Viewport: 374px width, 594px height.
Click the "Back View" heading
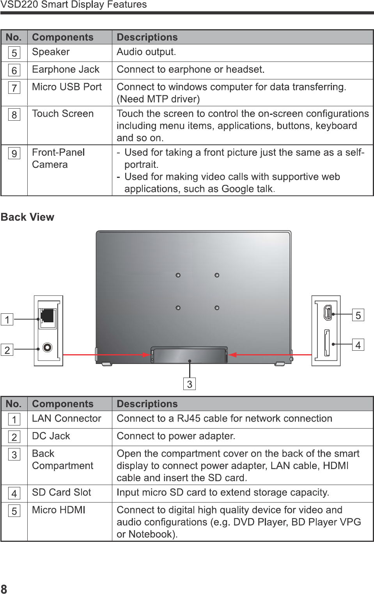(27, 217)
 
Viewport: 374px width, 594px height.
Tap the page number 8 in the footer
(4, 589)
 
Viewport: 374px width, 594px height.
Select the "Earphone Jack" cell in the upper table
(66, 70)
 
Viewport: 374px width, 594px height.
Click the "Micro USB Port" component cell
(67, 87)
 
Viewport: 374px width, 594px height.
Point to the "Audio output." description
(146, 52)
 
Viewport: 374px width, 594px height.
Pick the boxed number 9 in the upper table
(14, 154)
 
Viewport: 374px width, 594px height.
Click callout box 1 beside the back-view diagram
(7, 320)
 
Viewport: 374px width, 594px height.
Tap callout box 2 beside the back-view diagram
(7, 350)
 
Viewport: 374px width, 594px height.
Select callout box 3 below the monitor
(190, 384)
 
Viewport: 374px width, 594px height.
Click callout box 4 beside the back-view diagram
(358, 345)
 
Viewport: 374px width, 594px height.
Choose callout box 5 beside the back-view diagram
(358, 315)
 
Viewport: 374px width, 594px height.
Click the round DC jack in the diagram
(48, 347)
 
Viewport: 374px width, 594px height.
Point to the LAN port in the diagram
(48, 316)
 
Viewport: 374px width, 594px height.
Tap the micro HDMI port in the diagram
(328, 312)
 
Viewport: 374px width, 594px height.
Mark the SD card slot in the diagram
(327, 343)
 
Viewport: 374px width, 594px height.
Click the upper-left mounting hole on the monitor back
(178, 275)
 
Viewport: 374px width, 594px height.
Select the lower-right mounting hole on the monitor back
(217, 308)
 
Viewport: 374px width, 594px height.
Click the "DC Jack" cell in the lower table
(51, 436)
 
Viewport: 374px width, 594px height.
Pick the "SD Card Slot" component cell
(62, 492)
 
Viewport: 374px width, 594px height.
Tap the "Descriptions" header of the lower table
(147, 404)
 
